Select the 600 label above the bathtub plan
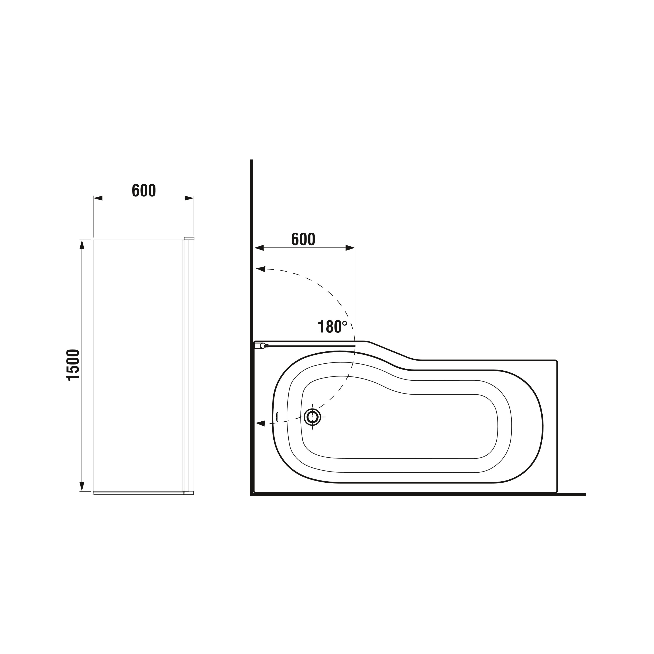pos(303,239)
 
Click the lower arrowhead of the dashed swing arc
pos(260,423)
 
